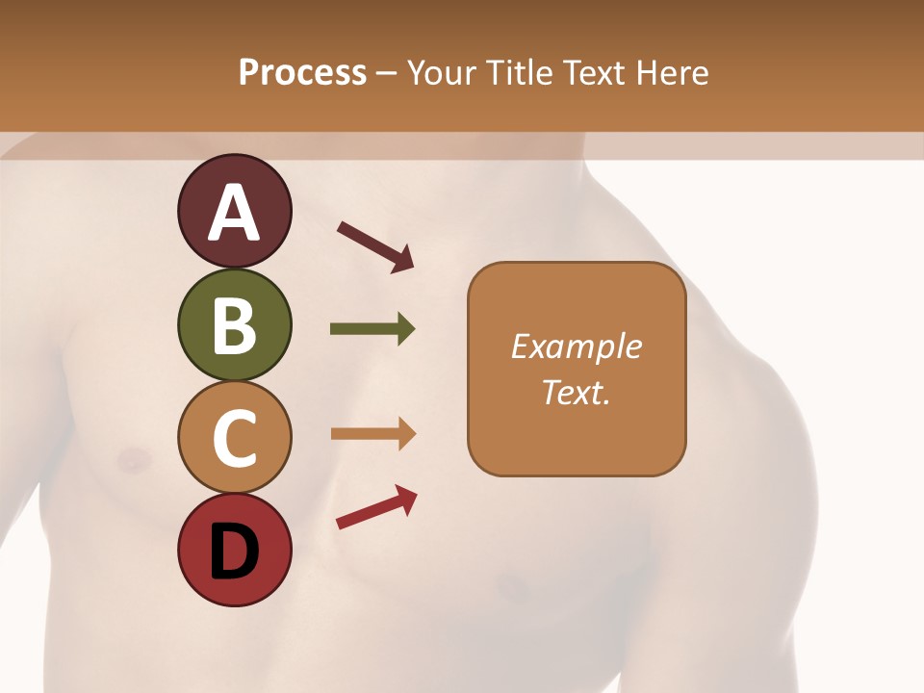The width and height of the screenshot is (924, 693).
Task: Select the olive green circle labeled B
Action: pos(234,325)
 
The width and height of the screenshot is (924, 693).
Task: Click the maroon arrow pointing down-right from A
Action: pos(375,246)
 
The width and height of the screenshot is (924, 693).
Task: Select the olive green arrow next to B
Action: pos(372,329)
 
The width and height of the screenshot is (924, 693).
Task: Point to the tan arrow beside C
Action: pos(372,433)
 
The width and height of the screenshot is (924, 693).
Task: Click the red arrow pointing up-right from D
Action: pos(376,507)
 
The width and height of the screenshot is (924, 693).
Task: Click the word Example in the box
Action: pos(577,346)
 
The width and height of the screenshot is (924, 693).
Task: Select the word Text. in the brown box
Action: pos(577,393)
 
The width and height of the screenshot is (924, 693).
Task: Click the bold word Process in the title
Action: pos(302,73)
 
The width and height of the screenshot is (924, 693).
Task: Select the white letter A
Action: pos(234,213)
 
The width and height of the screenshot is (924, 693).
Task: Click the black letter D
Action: pos(234,552)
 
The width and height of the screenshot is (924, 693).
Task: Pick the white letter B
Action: pos(234,325)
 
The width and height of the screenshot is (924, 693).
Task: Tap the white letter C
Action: pos(234,438)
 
